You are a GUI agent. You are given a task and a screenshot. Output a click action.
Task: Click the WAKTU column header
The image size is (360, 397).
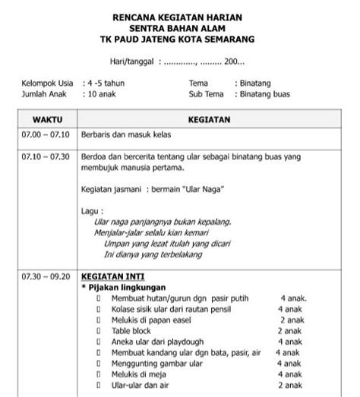(47, 120)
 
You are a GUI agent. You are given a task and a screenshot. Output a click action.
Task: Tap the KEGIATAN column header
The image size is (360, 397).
(209, 120)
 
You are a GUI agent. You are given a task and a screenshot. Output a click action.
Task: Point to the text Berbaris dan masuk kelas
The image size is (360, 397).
(126, 135)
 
